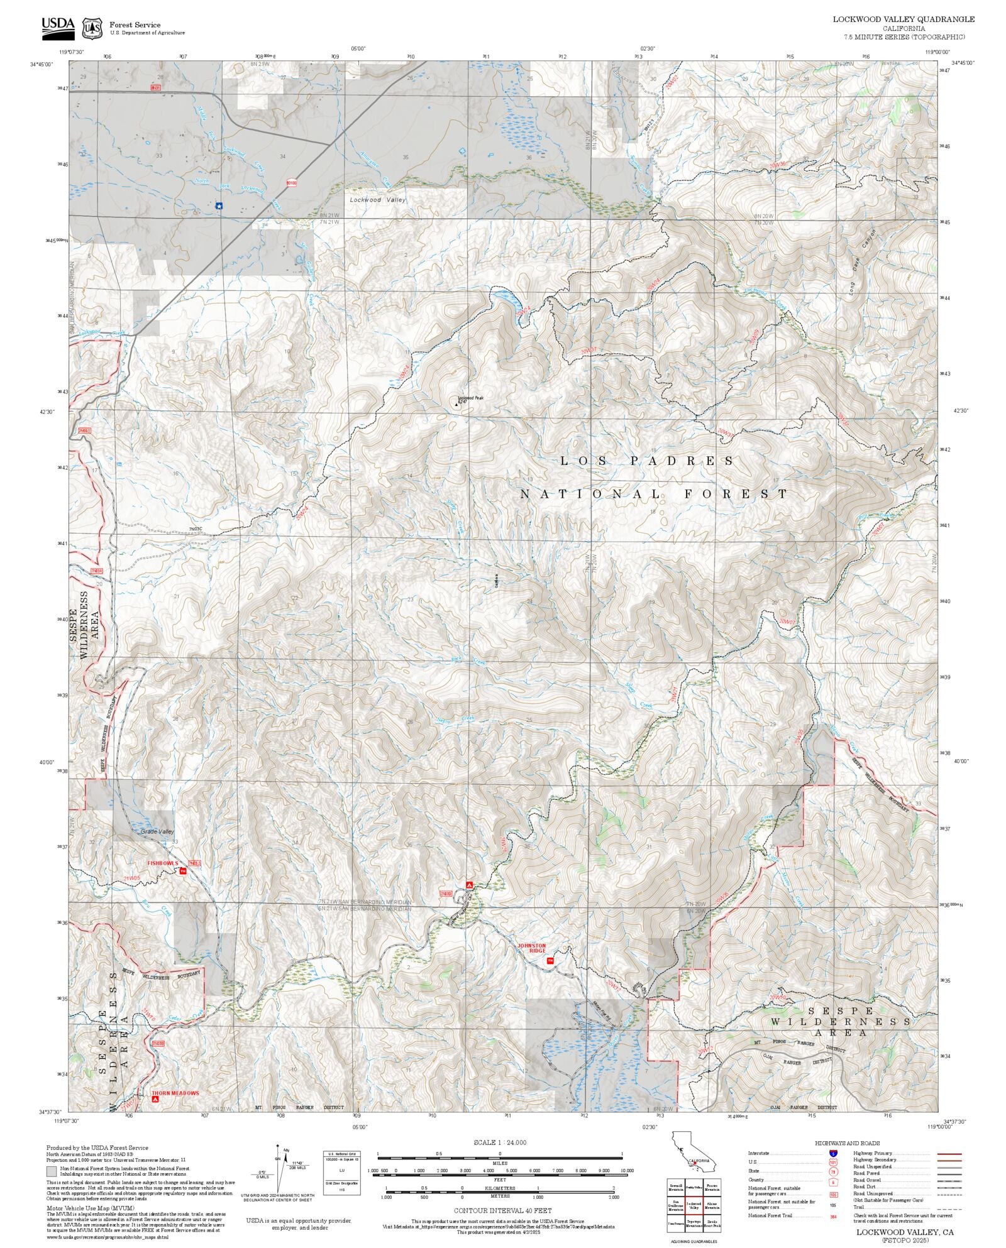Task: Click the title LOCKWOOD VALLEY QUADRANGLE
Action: [x=904, y=19]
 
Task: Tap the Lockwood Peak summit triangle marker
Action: [x=457, y=403]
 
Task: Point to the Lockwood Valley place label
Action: [x=378, y=200]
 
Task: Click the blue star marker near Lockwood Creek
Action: [x=219, y=205]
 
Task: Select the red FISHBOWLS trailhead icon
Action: [x=183, y=871]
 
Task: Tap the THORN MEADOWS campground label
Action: [x=175, y=1093]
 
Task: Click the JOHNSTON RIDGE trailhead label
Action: [x=531, y=948]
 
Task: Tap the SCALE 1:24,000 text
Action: [x=500, y=1142]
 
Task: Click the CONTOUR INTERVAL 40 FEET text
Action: [x=502, y=1210]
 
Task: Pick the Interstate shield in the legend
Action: [x=834, y=1154]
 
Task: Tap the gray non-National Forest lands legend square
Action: [x=51, y=1172]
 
